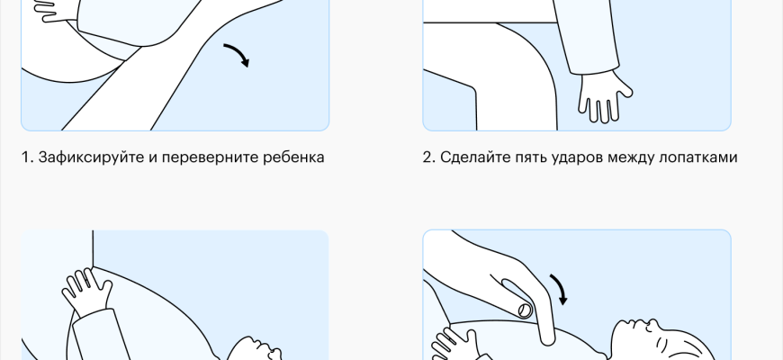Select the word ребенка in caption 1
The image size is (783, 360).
[295, 157]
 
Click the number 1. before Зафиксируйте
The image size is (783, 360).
[28, 157]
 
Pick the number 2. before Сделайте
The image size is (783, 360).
[429, 157]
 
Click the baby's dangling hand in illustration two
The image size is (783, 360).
[604, 97]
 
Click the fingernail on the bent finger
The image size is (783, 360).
[525, 310]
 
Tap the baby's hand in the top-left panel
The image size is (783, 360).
[44, 9]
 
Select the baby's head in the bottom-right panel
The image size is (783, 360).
[649, 339]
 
